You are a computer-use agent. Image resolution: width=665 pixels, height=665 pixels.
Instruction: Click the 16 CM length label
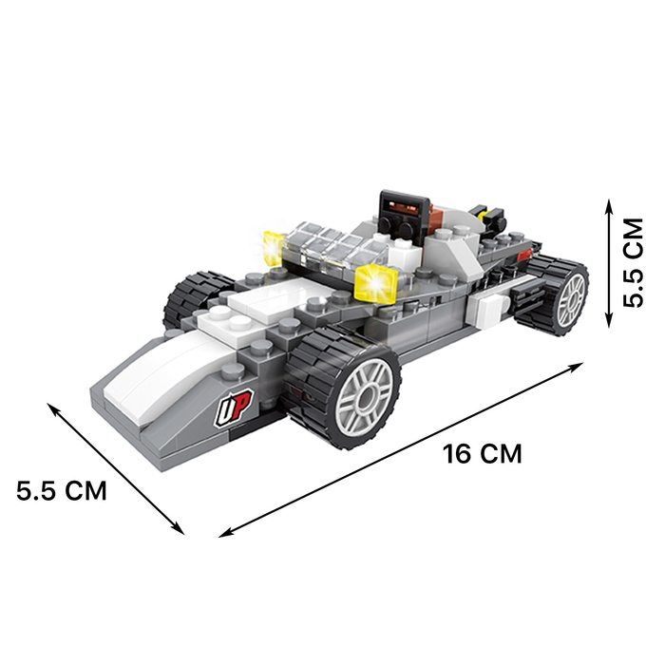pos(483,454)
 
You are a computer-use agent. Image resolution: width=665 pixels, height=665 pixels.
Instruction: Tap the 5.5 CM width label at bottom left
pos(62,491)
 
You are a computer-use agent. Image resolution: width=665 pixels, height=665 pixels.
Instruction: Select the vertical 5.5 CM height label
pos(633,262)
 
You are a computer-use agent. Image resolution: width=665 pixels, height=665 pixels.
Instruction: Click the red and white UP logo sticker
pos(234,408)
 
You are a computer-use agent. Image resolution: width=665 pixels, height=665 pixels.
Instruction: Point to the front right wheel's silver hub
pos(366,397)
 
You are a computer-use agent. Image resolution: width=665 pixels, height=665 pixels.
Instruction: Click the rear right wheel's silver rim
pos(571,300)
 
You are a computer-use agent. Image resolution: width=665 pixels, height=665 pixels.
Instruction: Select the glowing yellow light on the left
pos(274,248)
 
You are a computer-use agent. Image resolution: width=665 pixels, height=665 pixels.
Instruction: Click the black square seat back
pos(401,215)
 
